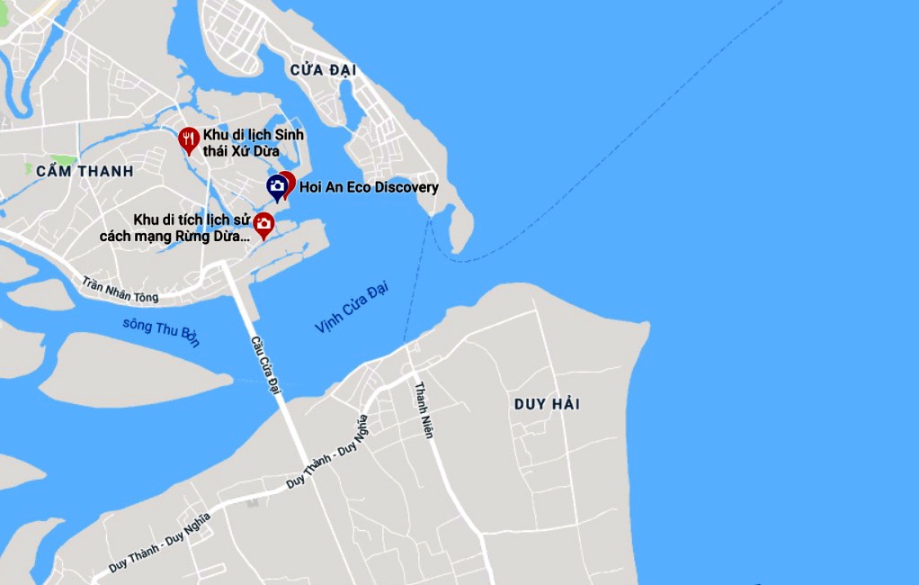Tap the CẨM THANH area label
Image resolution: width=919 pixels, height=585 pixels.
(85, 171)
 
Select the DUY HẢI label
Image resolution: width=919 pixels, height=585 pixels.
(547, 404)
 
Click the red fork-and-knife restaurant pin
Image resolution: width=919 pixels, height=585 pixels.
(188, 139)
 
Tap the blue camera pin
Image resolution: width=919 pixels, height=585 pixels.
(277, 187)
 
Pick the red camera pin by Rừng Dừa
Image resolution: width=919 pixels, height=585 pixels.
(263, 224)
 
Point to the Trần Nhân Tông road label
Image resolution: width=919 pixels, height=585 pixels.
(120, 290)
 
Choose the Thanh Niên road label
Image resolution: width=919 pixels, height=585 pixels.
(424, 410)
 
